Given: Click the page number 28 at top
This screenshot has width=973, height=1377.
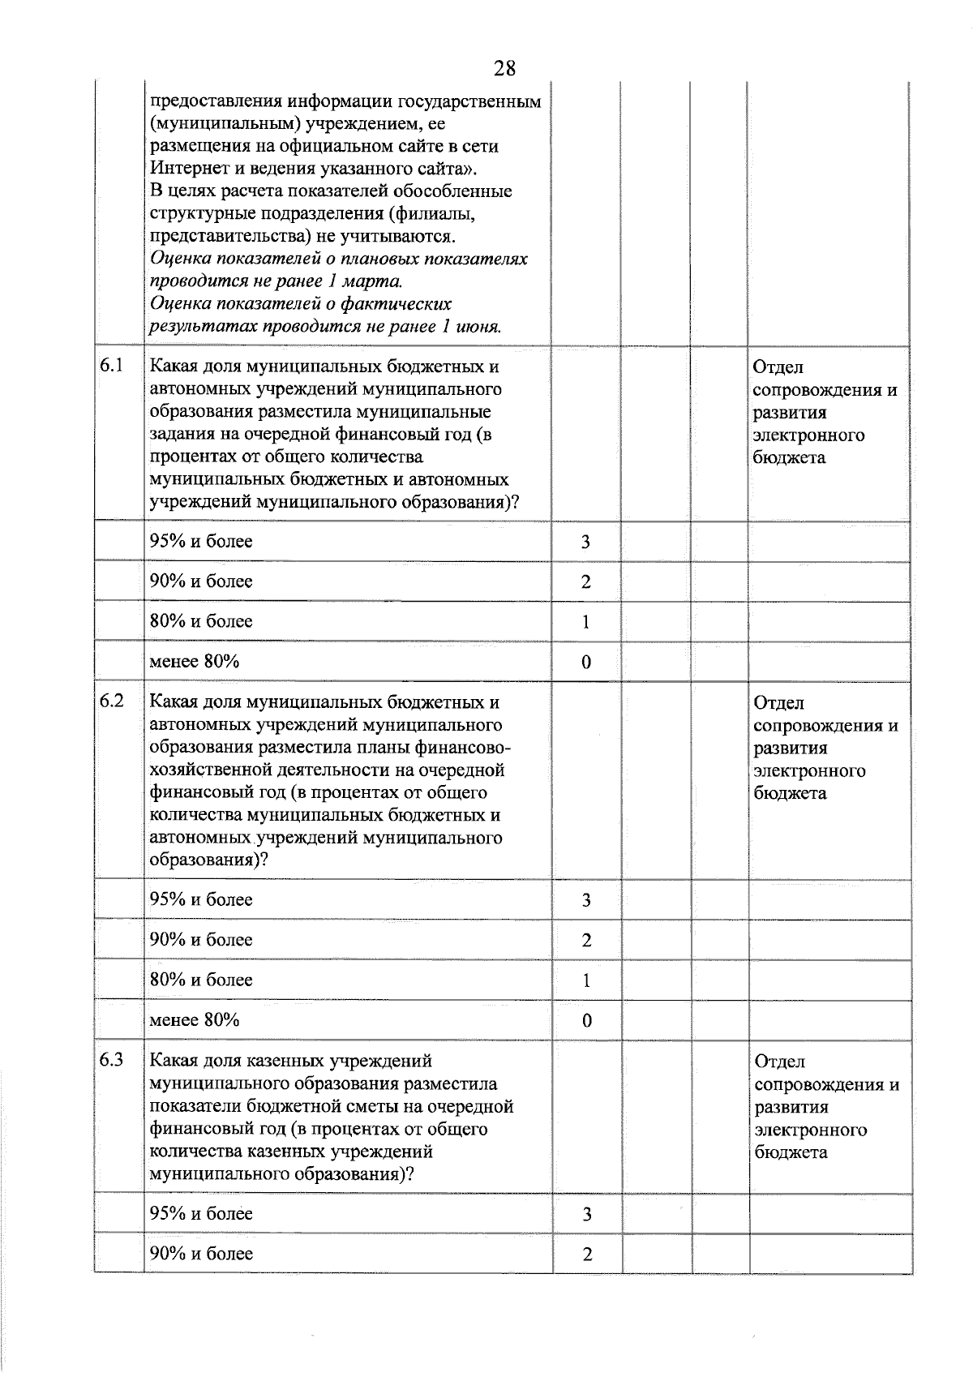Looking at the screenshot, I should [x=504, y=68].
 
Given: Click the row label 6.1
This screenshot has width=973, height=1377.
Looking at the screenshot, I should [x=112, y=366].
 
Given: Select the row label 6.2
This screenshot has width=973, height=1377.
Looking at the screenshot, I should [x=112, y=701].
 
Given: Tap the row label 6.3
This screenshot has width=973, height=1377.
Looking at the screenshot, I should [x=112, y=1060].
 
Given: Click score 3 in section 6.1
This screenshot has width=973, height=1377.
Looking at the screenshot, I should [x=585, y=542].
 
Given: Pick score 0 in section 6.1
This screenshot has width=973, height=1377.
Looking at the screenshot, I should [x=585, y=662].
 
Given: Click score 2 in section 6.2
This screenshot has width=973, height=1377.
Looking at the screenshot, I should [x=585, y=941].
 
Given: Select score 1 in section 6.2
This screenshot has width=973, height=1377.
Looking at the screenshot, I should [x=585, y=980].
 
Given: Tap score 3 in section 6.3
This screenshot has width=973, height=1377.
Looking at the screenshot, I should [x=585, y=1215].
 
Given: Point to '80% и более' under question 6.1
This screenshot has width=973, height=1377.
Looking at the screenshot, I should [x=201, y=621].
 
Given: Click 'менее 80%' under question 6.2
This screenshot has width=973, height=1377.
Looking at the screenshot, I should [x=195, y=1019].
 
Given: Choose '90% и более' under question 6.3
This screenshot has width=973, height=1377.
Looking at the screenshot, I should [x=201, y=1254].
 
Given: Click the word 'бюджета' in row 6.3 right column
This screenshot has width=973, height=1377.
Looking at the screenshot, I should [x=791, y=1152].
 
